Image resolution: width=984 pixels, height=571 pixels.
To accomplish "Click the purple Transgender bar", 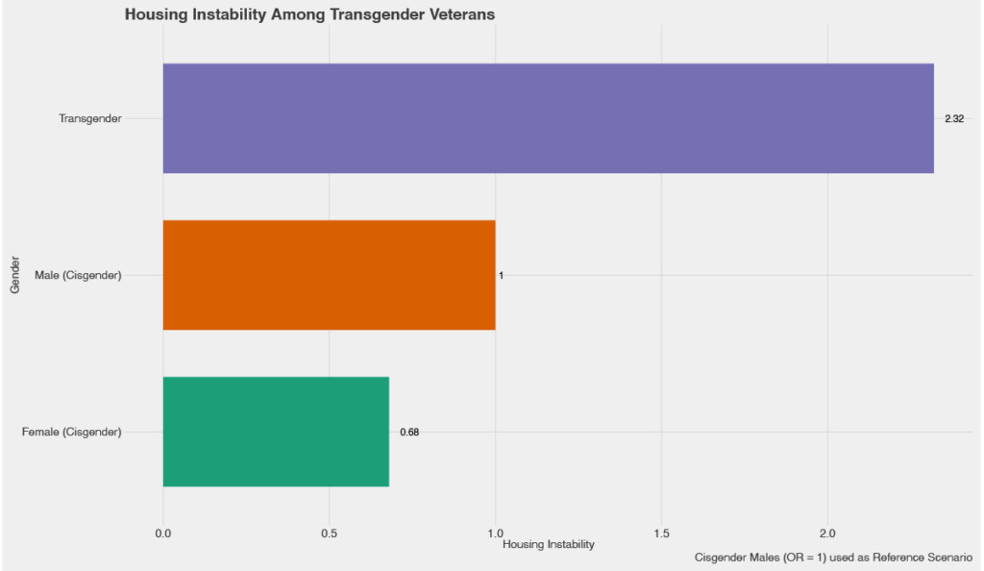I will pos(548,118).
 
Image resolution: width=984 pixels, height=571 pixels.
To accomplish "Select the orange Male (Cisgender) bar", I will pos(329,275).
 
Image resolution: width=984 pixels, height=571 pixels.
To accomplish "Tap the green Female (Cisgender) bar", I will pos(276,432).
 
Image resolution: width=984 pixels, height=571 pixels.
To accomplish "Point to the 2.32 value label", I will pos(953,118).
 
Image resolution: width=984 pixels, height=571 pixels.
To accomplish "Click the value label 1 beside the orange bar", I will pos(501,275).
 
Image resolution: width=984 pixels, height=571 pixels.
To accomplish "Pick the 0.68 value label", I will pos(409,432).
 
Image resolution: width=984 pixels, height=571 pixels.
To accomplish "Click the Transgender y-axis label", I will pos(90,118).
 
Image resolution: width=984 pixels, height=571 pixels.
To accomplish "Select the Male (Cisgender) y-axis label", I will pos(78,275).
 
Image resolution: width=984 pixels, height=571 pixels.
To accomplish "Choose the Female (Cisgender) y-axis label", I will pos(72,432).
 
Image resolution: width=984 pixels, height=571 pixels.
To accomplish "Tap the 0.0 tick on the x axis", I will pos(163,533).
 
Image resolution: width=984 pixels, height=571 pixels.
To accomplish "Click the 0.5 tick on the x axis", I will pos(330,533).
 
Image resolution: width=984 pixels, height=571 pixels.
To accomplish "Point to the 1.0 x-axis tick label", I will pos(496,533).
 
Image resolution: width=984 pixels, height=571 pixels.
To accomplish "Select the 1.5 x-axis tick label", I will pos(662,533).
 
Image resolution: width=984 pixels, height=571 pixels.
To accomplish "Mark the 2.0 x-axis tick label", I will pos(827,533).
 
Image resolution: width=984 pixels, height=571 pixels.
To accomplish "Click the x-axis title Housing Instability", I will pos(549,545).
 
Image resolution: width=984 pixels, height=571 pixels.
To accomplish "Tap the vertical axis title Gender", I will pos(15,275).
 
